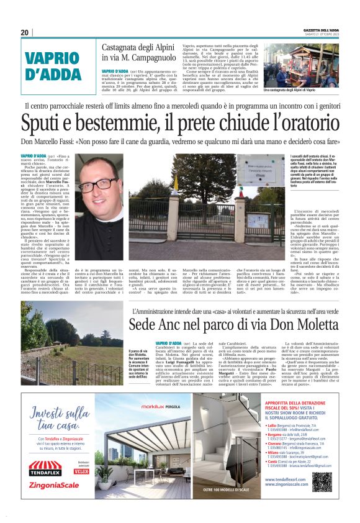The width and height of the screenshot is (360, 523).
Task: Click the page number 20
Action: point(24,32)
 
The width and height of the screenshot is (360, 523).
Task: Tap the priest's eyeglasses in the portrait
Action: point(97,185)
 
